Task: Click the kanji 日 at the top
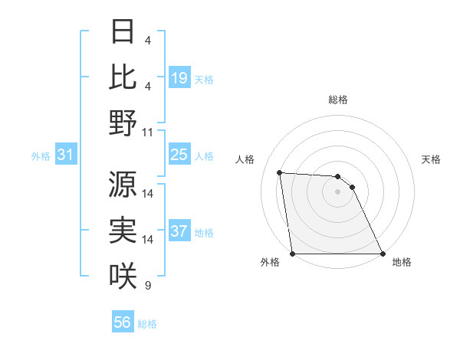[x=123, y=32]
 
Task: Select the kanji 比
[x=123, y=77]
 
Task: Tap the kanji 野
[x=123, y=122]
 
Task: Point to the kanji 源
[x=123, y=184]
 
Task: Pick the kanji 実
[x=123, y=230]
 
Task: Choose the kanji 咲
[x=123, y=275]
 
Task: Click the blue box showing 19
[x=179, y=78]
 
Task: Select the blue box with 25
[x=179, y=155]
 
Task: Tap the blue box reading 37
[x=179, y=232]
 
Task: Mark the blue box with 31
[x=65, y=155]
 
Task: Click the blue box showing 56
[x=123, y=323]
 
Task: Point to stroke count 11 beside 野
[x=148, y=133]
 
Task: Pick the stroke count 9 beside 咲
[x=148, y=286]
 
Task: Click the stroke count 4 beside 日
[x=148, y=40]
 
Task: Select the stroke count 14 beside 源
[x=148, y=194]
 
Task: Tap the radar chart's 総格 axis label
[x=337, y=100]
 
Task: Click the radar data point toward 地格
[x=382, y=254]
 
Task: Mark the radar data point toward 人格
[x=279, y=172]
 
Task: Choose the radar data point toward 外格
[x=292, y=254]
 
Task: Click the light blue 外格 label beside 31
[x=41, y=156]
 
